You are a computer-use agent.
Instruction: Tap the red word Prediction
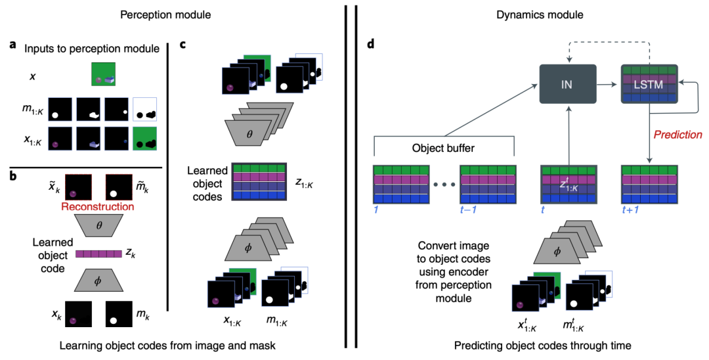[x=677, y=135]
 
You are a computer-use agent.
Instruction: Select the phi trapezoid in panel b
[x=98, y=281]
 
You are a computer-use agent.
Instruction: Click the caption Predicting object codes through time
[x=532, y=345]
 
